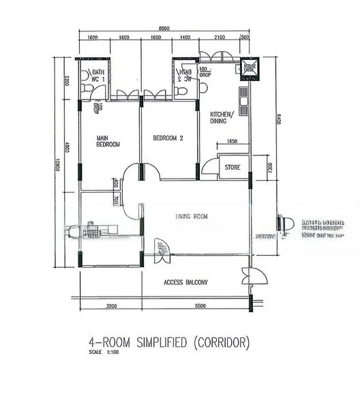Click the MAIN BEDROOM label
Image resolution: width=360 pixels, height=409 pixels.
tap(108, 141)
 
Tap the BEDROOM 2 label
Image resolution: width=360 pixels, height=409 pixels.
tap(168, 138)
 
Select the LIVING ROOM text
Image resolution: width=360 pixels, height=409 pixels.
tap(191, 217)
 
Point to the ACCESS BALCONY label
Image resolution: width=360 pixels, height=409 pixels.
tap(185, 282)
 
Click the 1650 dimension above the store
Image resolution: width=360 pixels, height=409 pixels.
tap(232, 142)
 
